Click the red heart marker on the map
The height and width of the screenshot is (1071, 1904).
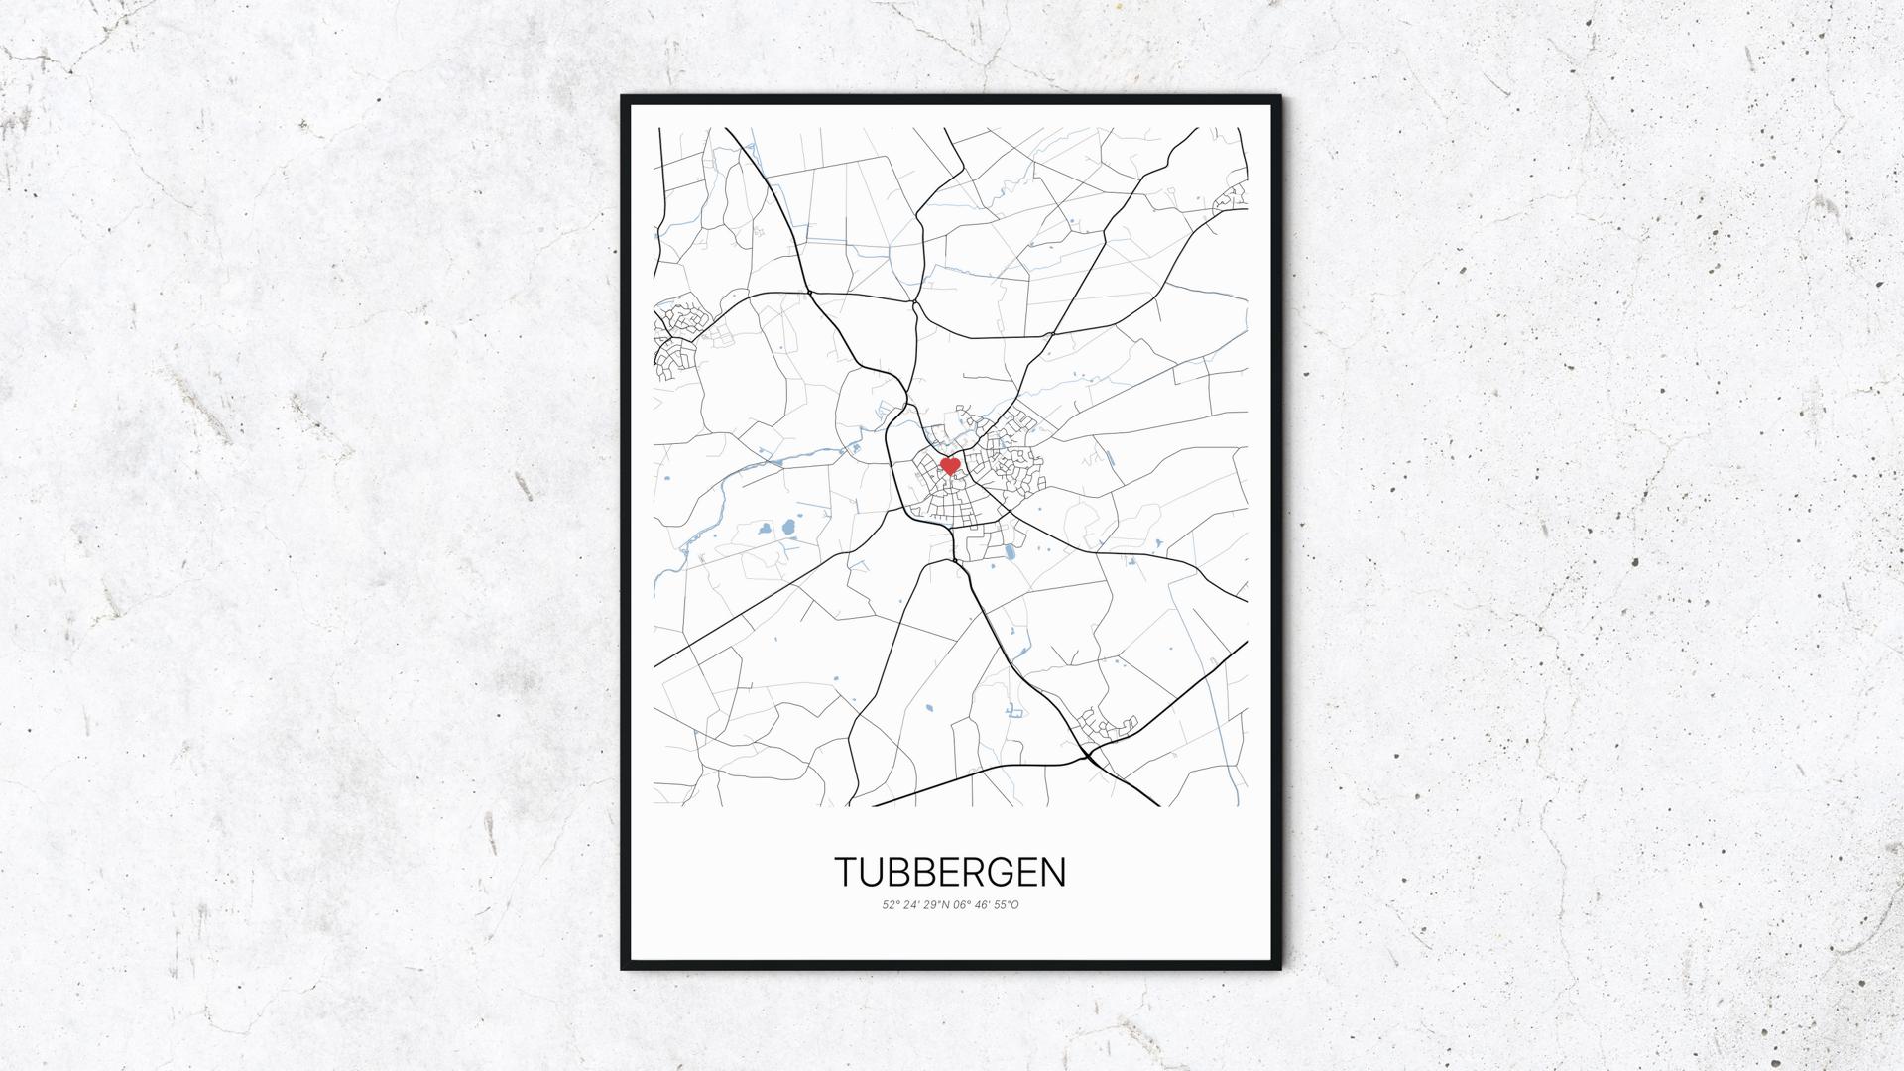click(x=949, y=465)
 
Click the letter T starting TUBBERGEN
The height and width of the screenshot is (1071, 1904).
click(x=845, y=872)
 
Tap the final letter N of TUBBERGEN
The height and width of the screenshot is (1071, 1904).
click(x=1053, y=872)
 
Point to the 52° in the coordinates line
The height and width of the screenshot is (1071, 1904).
click(x=891, y=904)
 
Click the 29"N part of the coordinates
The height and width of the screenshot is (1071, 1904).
click(x=937, y=904)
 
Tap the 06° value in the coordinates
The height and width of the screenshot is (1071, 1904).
click(x=962, y=904)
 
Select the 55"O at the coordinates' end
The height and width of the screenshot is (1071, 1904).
click(x=1008, y=904)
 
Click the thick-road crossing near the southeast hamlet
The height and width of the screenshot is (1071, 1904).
click(x=1089, y=757)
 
